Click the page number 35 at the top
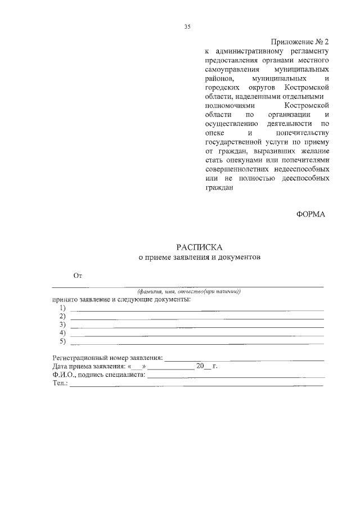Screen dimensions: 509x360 tap(188, 26)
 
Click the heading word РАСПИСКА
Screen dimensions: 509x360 tap(200, 247)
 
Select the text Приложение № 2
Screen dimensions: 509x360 tap(299, 42)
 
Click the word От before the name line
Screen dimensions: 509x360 tap(78, 276)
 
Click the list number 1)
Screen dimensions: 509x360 tap(62, 308)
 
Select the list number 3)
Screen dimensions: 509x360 tap(62, 325)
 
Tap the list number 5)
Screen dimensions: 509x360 tap(62, 341)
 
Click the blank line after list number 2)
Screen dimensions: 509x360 tap(197, 319)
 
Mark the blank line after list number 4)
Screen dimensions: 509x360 tap(197, 335)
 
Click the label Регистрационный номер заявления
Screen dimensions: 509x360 tap(107, 357)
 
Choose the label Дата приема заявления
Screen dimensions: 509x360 tap(85, 366)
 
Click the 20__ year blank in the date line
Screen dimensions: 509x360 tap(202, 366)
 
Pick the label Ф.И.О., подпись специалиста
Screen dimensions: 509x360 tap(99, 375)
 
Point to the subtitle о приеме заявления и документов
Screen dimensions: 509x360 tap(200, 258)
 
